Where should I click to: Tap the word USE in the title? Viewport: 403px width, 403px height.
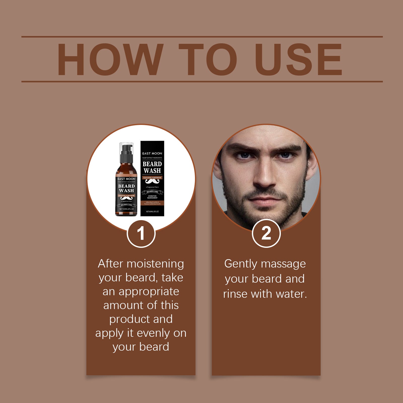298,60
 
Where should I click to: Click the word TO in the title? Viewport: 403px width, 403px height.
208,60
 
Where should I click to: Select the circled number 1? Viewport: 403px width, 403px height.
141,233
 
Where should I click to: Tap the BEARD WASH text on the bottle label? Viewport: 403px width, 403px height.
126,188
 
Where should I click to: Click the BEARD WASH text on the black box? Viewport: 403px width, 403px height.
152,167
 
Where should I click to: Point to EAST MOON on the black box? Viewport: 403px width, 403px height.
152,153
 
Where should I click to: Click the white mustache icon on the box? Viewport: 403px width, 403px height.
152,181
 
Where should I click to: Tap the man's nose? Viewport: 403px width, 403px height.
264,176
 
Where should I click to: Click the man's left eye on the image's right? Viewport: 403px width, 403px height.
285,155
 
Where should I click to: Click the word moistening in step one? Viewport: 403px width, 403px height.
155,264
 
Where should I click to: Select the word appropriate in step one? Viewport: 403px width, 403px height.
149,292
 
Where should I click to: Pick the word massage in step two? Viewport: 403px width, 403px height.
283,264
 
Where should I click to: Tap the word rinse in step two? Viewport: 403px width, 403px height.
235,294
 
